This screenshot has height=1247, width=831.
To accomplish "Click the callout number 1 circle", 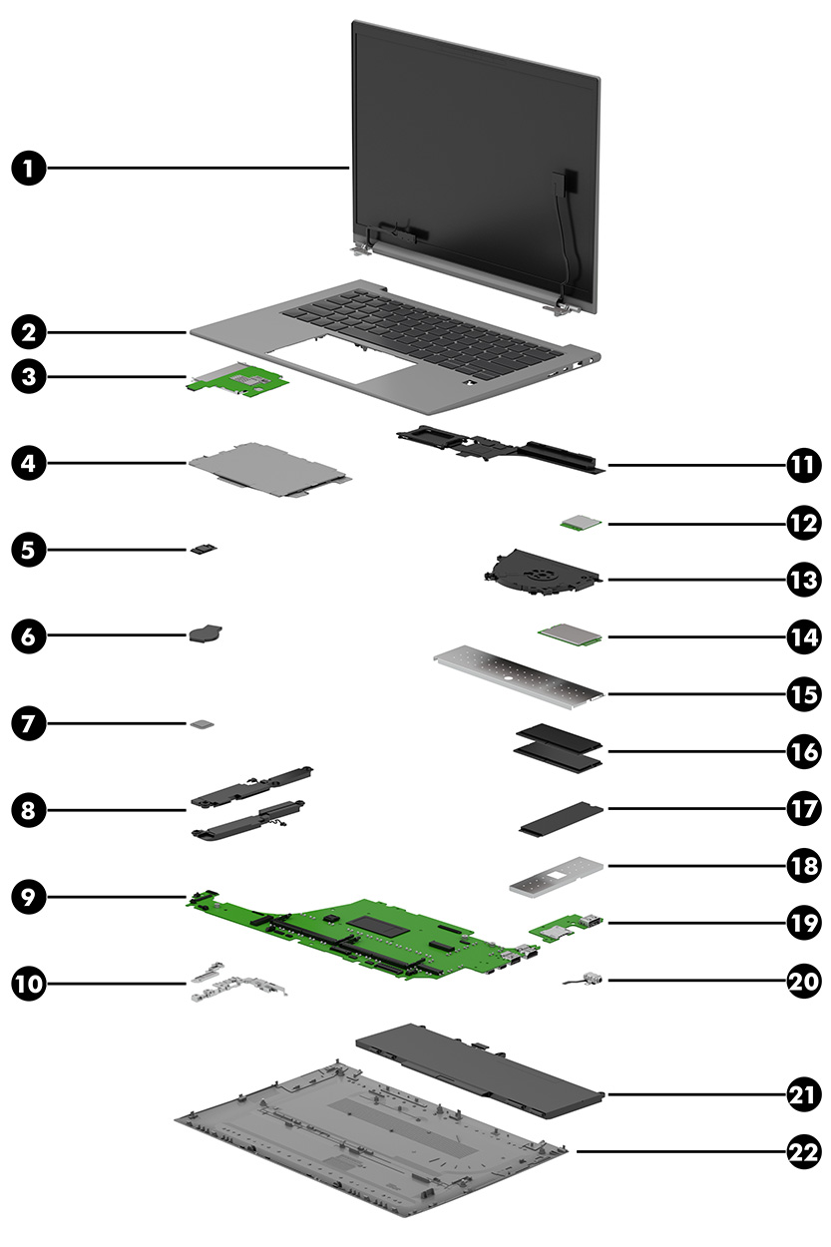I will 30,169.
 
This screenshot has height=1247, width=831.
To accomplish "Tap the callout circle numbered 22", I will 801,1151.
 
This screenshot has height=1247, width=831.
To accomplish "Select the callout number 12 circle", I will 801,522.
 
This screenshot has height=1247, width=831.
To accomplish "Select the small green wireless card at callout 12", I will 576,522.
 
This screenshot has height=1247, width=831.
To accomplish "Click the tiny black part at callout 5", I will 204,548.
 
